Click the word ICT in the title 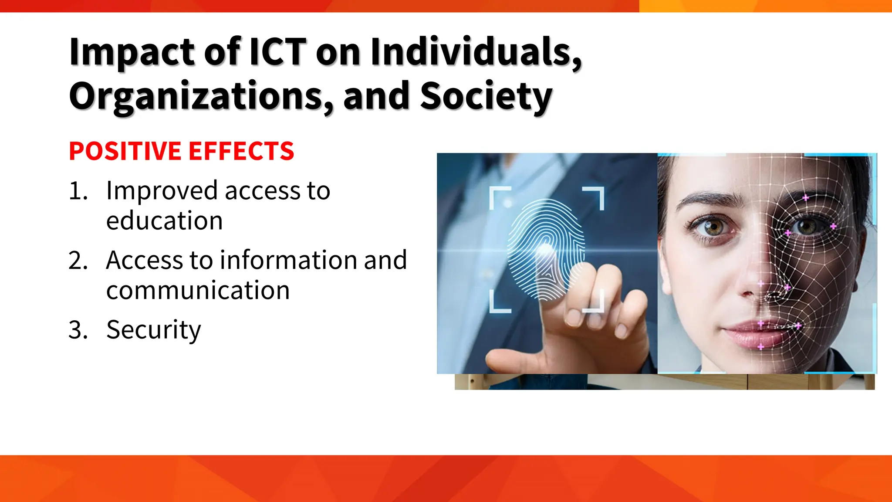coord(277,52)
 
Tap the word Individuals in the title coord(476,52)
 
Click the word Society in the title coord(486,96)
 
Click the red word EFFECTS coord(241,151)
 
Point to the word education coord(164,220)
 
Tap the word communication coord(198,290)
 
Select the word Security coord(153,330)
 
